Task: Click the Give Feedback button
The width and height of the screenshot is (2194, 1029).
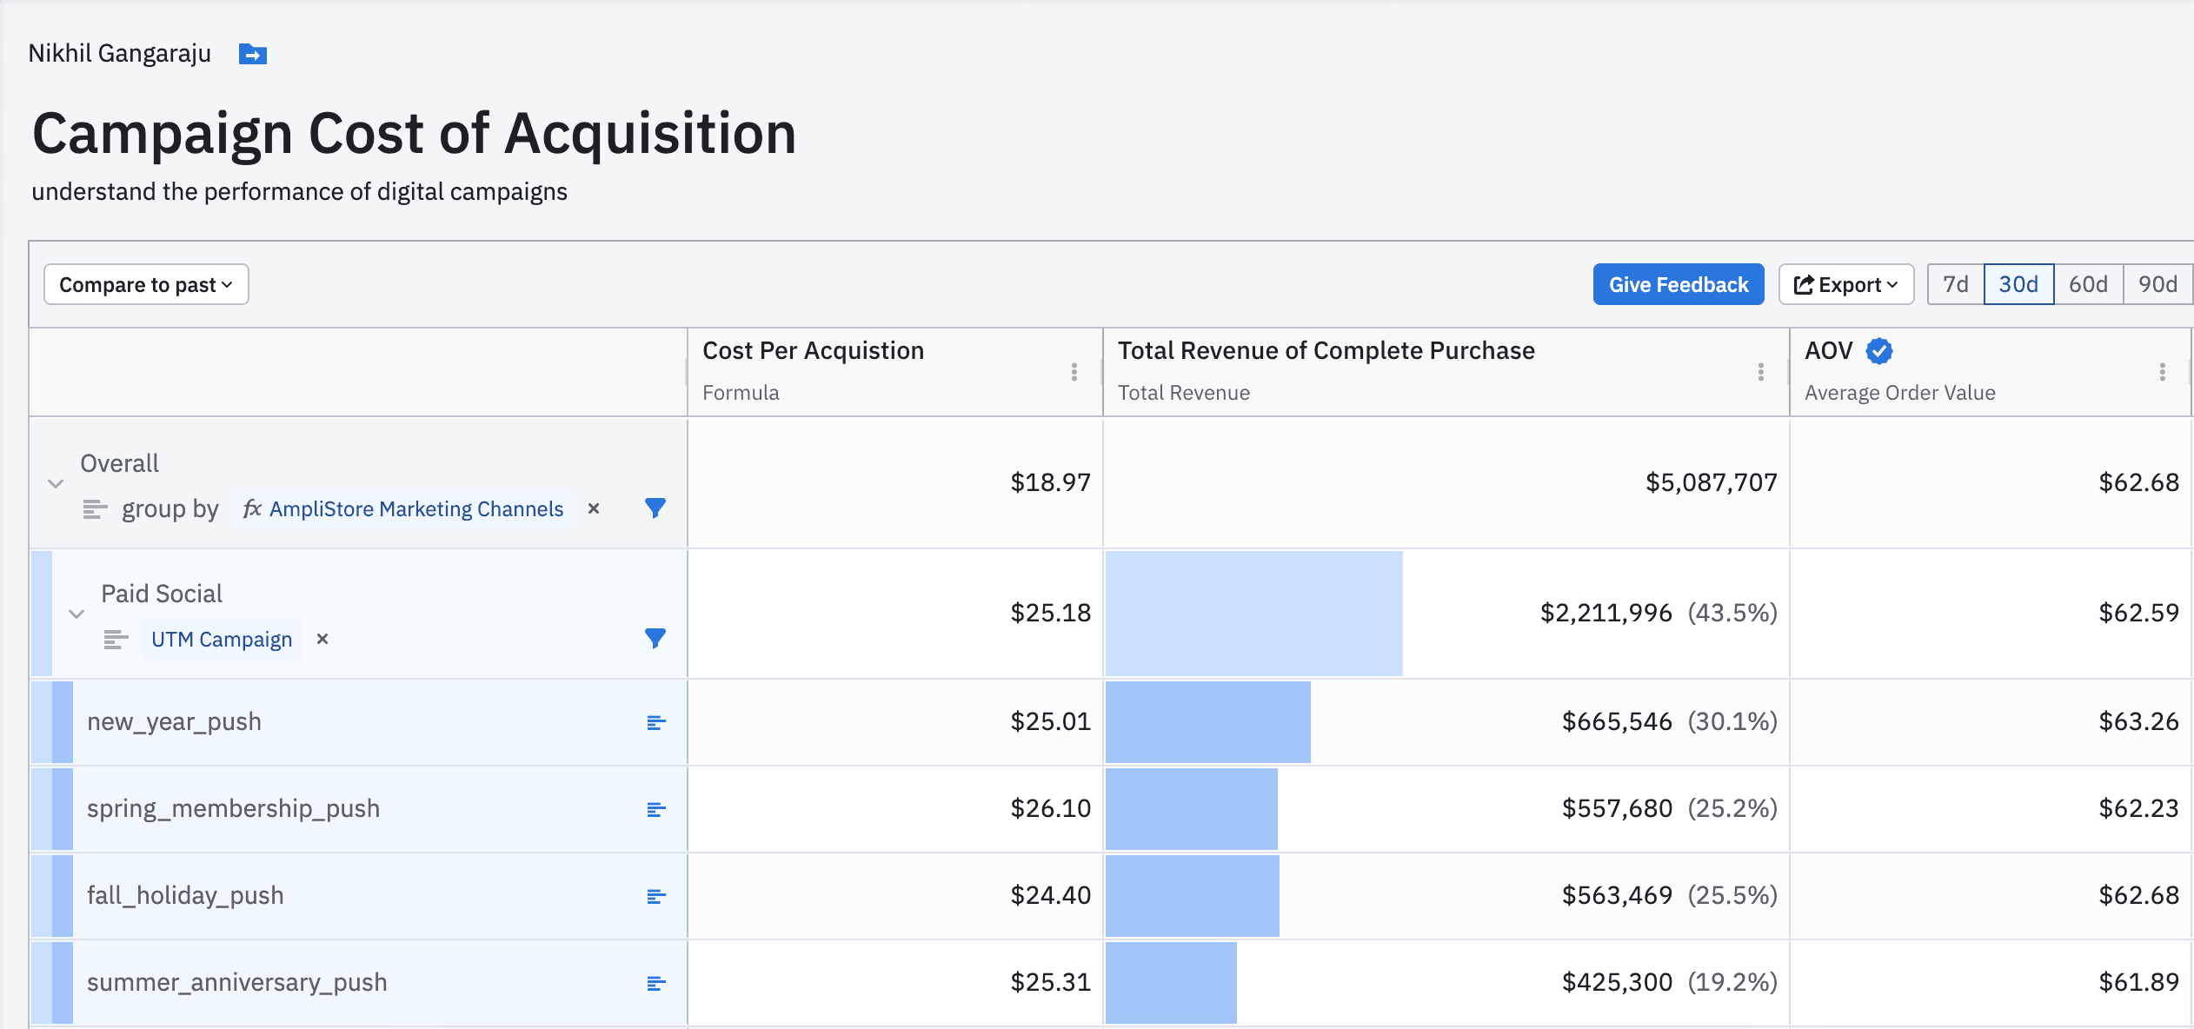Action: click(1678, 284)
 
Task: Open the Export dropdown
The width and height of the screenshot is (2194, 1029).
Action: click(1845, 284)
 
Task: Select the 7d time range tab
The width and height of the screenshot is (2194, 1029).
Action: click(1955, 284)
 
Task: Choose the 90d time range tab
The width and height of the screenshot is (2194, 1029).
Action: click(2157, 284)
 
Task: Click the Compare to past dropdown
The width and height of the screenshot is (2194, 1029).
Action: click(146, 284)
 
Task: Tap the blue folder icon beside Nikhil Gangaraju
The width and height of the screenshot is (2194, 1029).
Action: click(252, 55)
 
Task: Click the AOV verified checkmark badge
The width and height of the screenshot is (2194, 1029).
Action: click(1878, 351)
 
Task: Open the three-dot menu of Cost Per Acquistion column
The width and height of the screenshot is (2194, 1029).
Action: click(1074, 372)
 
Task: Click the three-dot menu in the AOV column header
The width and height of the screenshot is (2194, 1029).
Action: click(2162, 372)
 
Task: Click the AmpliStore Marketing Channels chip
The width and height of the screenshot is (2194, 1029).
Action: click(416, 509)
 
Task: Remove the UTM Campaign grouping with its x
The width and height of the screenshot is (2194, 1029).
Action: click(322, 639)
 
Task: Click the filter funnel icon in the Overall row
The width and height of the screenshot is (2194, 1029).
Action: click(655, 508)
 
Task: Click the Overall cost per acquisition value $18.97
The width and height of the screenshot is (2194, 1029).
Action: click(1049, 482)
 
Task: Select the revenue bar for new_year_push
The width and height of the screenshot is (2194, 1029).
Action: click(1207, 722)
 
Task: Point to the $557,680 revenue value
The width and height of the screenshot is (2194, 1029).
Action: click(1616, 808)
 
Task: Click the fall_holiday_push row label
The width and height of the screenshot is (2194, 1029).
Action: click(185, 895)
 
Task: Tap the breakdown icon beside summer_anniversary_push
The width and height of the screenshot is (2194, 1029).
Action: click(655, 983)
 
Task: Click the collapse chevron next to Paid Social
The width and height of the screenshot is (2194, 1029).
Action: click(76, 614)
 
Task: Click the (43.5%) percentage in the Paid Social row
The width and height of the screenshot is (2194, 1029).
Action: click(1732, 613)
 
